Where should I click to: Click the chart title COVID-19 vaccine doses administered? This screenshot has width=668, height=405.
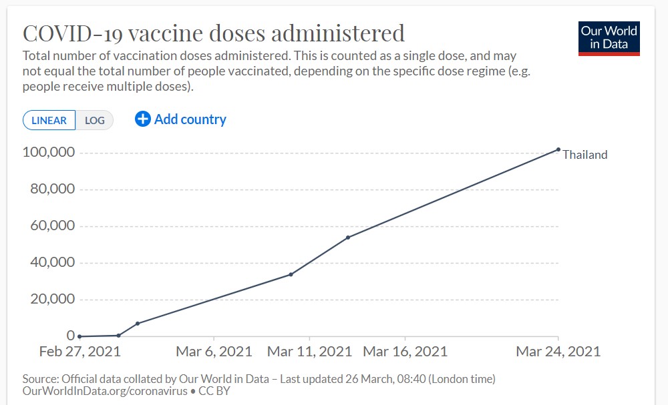pyautogui.click(x=214, y=33)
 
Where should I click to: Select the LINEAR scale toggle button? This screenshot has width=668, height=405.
pyautogui.click(x=49, y=120)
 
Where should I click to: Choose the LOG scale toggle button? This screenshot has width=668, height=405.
pyautogui.click(x=95, y=120)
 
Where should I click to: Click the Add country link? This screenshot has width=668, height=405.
pyautogui.click(x=190, y=119)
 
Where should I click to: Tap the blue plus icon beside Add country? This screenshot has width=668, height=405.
pyautogui.click(x=143, y=119)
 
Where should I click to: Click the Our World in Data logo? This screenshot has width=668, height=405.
pyautogui.click(x=609, y=39)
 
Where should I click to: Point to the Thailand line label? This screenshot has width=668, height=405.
pyautogui.click(x=585, y=155)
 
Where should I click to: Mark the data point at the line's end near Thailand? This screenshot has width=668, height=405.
pyautogui.click(x=558, y=149)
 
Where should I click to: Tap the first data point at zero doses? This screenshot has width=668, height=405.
pyautogui.click(x=79, y=336)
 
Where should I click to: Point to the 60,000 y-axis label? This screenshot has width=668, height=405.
pyautogui.click(x=51, y=226)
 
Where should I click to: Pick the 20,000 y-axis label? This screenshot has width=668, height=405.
pyautogui.click(x=51, y=299)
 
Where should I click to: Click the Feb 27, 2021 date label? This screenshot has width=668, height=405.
pyautogui.click(x=79, y=352)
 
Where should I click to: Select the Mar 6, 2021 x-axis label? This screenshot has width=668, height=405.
pyautogui.click(x=214, y=352)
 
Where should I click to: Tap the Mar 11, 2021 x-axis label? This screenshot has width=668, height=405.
pyautogui.click(x=309, y=352)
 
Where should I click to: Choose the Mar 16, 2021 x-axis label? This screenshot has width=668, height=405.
pyautogui.click(x=405, y=352)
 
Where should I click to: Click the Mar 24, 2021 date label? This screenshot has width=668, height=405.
pyautogui.click(x=558, y=352)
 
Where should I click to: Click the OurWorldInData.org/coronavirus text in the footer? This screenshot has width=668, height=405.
pyautogui.click(x=105, y=391)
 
